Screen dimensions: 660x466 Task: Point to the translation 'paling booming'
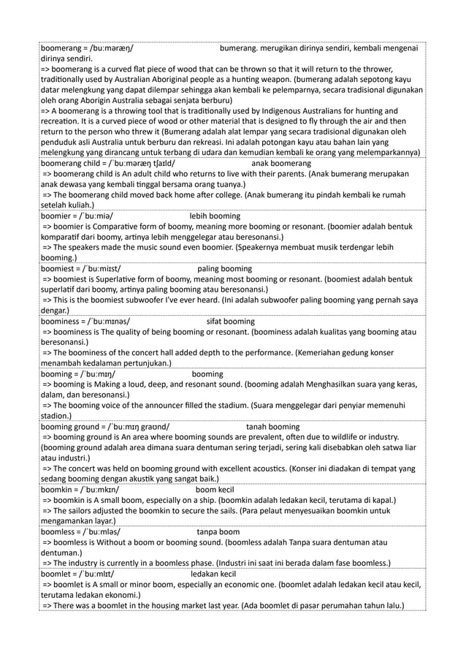point(224,269)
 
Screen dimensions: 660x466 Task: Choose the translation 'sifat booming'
point(231,322)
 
